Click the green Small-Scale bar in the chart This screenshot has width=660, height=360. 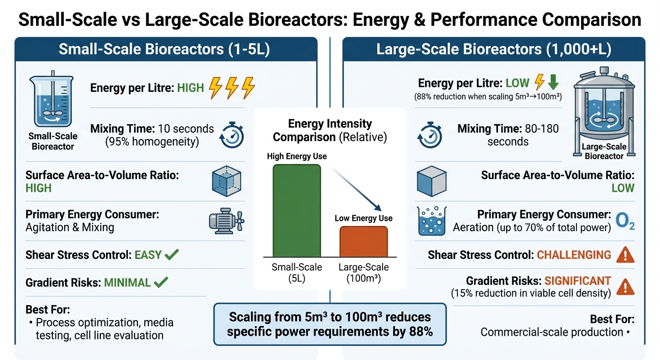[297, 210]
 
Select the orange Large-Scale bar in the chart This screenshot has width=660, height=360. [363, 241]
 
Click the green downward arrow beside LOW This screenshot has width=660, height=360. [553, 83]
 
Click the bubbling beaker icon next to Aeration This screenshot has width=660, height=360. [431, 221]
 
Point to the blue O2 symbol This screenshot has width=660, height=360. [624, 222]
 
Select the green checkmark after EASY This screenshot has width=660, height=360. [172, 255]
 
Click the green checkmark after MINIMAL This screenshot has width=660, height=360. [161, 282]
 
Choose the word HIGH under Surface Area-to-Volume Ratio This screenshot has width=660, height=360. [38, 188]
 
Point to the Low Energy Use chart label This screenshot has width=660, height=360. [363, 218]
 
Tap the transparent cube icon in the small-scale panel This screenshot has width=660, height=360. [227, 180]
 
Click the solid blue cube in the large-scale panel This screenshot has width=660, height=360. [431, 181]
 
